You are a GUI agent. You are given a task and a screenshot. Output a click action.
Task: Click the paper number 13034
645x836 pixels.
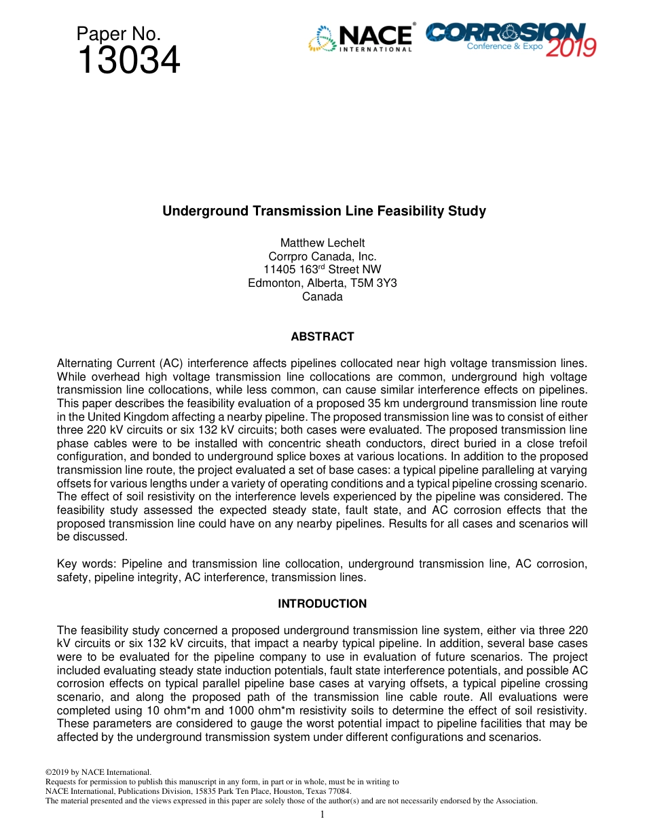point(128,61)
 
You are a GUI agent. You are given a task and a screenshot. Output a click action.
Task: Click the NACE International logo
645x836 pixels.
point(361,38)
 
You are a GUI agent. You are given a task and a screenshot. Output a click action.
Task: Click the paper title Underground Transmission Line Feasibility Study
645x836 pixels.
point(324,211)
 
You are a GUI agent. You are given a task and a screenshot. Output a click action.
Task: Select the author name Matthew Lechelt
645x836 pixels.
point(322,243)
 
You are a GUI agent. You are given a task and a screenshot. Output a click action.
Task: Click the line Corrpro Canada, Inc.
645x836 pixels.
point(322,256)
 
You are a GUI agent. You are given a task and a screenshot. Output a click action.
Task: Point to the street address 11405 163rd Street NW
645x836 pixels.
point(322,270)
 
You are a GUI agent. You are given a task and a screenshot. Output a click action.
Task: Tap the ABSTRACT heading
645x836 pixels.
point(322,336)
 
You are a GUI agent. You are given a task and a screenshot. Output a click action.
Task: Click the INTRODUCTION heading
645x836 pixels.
point(322,604)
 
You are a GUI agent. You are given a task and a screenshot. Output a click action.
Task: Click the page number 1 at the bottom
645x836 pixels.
point(322,814)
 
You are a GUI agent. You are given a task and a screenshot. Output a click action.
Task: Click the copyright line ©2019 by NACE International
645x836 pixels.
point(98,772)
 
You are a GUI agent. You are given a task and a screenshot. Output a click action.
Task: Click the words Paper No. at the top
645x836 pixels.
point(119,34)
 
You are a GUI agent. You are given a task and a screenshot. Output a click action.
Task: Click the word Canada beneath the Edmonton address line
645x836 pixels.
point(322,297)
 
